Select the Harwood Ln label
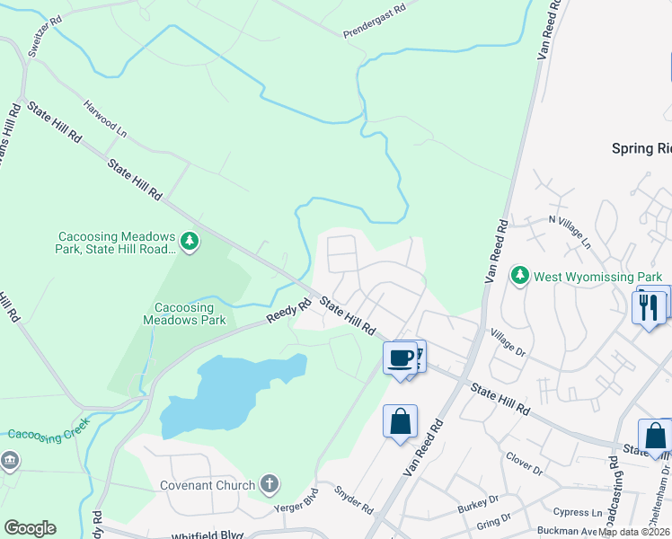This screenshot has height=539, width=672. pos(105,117)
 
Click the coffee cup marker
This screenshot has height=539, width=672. pos(401,358)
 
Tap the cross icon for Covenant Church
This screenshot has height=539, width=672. pos(268,485)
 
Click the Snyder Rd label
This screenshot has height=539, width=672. pos(353,499)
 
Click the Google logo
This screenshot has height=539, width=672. pos(31,527)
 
